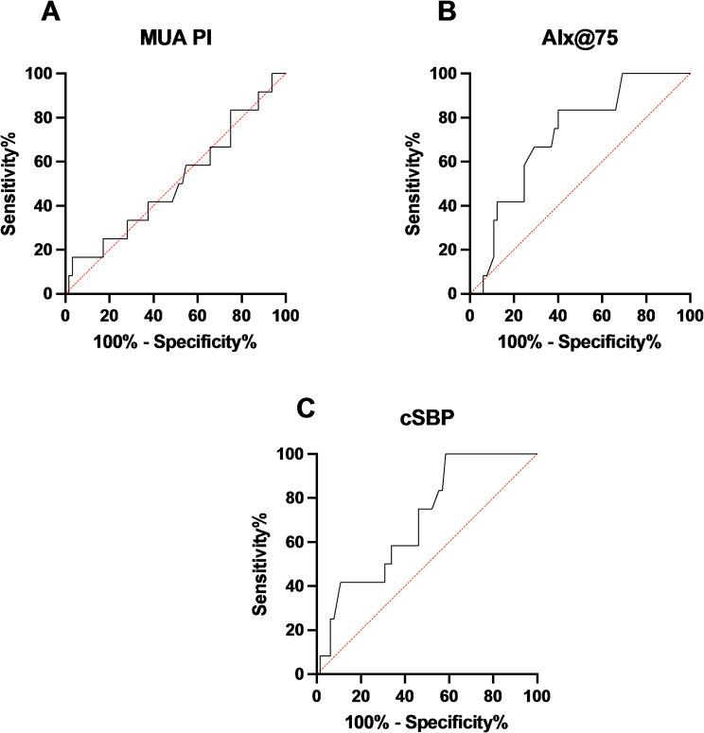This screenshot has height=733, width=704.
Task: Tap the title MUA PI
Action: [175, 42]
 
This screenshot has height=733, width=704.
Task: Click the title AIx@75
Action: [581, 42]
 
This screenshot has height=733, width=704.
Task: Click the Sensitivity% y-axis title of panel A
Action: [14, 183]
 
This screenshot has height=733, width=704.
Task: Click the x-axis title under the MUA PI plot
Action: [175, 340]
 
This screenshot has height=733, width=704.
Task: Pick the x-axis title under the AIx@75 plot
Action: [580, 340]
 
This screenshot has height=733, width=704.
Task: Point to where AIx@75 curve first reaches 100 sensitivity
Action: [622, 74]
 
